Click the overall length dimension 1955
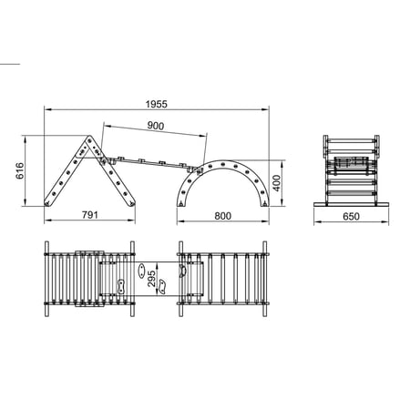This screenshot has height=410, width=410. tap(156, 104)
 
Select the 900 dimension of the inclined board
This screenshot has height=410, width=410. tap(156, 126)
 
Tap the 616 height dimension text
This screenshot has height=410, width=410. tap(19, 170)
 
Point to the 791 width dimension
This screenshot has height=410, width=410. tap(90, 215)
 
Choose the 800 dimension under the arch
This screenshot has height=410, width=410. tap(223, 216)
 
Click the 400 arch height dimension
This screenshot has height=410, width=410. tap(276, 183)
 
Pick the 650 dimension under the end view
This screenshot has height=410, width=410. tap(351, 216)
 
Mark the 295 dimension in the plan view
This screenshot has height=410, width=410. tap(151, 279)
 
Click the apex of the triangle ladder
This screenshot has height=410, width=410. tap(90, 137)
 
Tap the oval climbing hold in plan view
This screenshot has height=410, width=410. tap(141, 271)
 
